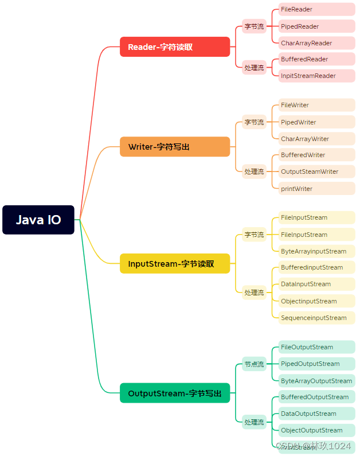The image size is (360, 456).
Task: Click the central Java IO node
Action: coord(38,220)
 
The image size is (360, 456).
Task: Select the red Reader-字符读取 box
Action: coord(175,47)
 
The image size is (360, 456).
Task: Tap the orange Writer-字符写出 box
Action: coord(175,147)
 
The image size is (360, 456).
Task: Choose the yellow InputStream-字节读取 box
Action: coord(175,264)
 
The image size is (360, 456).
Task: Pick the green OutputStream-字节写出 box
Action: coord(175,393)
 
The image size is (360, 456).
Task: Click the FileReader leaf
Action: coord(316,10)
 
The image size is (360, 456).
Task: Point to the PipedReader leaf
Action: coord(316,26)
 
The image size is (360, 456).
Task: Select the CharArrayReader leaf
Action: coord(316,43)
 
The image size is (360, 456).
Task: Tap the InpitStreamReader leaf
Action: coord(316,76)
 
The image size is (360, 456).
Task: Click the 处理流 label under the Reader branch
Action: coord(254,68)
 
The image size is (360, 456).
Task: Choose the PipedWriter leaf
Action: coord(316,122)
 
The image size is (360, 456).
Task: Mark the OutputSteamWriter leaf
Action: coord(316,172)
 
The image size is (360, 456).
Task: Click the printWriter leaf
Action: coord(316,189)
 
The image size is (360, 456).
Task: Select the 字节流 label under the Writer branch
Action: coord(254,122)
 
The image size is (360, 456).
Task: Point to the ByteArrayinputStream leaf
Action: coord(316,251)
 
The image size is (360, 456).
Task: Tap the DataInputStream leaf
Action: coord(316,284)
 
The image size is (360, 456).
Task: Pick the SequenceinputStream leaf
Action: coord(316,318)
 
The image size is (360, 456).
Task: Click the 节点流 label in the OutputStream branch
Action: coord(254,364)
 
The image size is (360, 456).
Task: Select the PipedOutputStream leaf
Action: coord(316,364)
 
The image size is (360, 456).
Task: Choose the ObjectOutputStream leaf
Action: coord(316,430)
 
